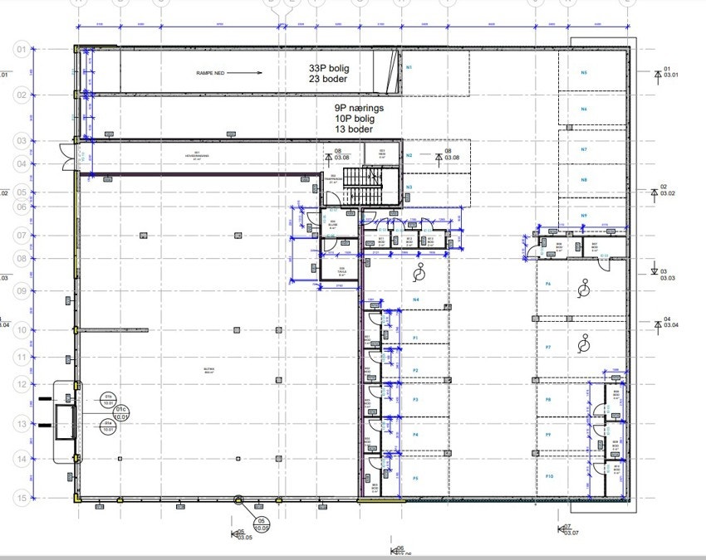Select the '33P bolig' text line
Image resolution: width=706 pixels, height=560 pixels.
[328, 67]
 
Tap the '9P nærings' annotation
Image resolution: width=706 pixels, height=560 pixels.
[358, 108]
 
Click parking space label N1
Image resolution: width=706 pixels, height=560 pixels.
[409, 66]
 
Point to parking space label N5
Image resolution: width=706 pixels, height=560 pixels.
[584, 73]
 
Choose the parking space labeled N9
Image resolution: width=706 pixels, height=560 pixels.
[584, 216]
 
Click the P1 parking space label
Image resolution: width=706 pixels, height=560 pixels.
[415, 338]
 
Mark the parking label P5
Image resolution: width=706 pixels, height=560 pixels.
[415, 478]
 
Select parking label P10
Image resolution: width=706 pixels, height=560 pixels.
[549, 477]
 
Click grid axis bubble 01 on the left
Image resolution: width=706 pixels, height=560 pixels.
[21, 50]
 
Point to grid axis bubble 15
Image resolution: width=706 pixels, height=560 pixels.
[21, 498]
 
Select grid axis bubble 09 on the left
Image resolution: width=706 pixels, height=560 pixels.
[21, 290]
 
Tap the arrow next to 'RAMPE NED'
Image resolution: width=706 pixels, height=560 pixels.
[247, 73]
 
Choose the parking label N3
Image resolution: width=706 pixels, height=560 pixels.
[409, 187]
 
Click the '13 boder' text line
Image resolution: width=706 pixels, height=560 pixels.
[354, 129]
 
